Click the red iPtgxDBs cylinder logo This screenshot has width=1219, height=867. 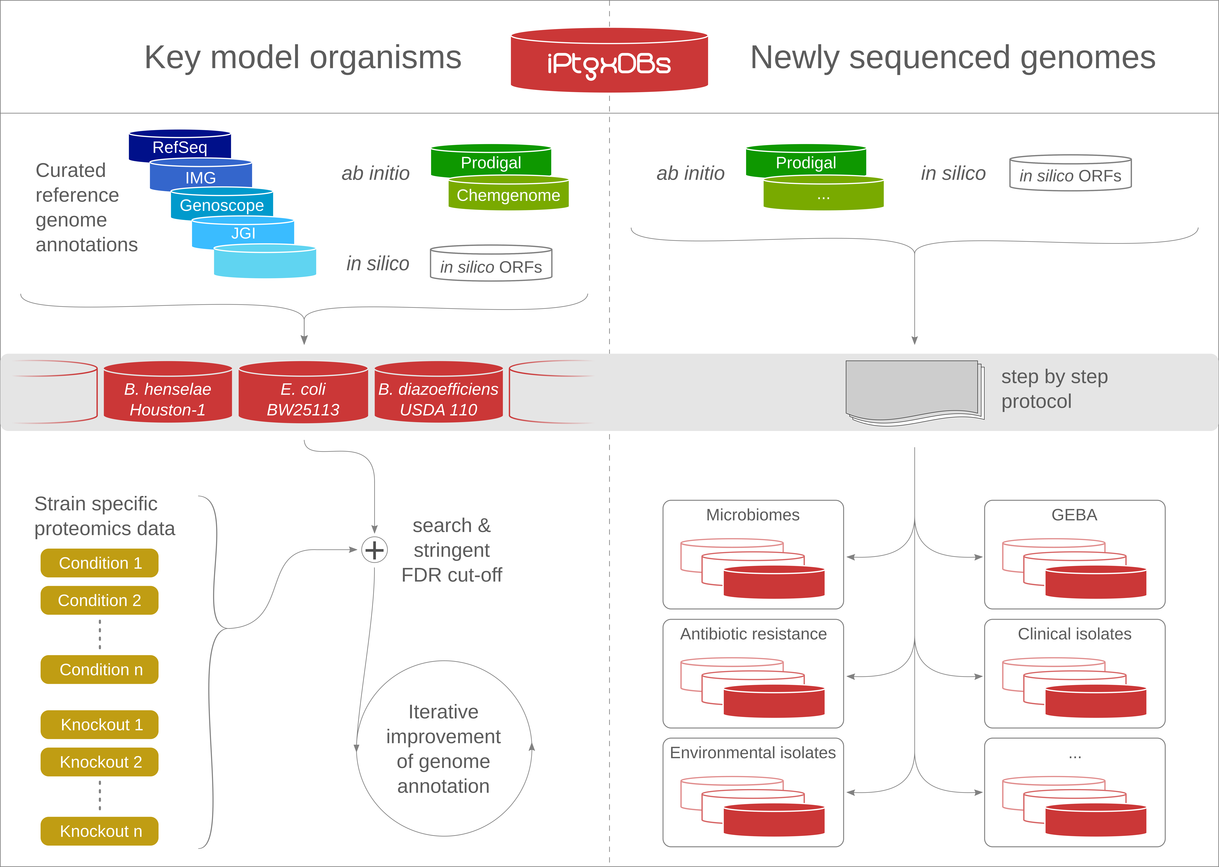tap(609, 60)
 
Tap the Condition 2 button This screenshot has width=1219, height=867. tap(99, 600)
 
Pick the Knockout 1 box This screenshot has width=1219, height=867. tap(99, 724)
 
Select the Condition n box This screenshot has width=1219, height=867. tap(99, 669)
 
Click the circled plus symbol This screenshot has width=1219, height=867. tap(374, 550)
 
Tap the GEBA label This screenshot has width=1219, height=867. tap(1074, 515)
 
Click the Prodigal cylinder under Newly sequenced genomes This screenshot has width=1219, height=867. tap(806, 161)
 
